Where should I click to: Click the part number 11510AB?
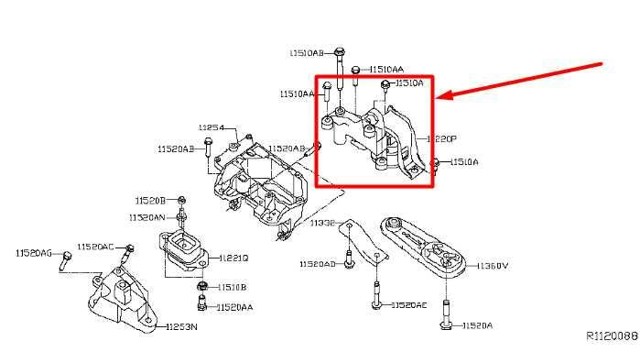[x=306, y=53]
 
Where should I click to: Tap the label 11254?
[x=212, y=126]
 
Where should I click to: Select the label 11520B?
[x=150, y=200]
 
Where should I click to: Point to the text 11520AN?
[x=147, y=217]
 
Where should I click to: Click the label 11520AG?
[x=34, y=252]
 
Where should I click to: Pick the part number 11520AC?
[x=95, y=247]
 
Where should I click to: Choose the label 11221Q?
[x=233, y=259]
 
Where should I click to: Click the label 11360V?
[x=493, y=267]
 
